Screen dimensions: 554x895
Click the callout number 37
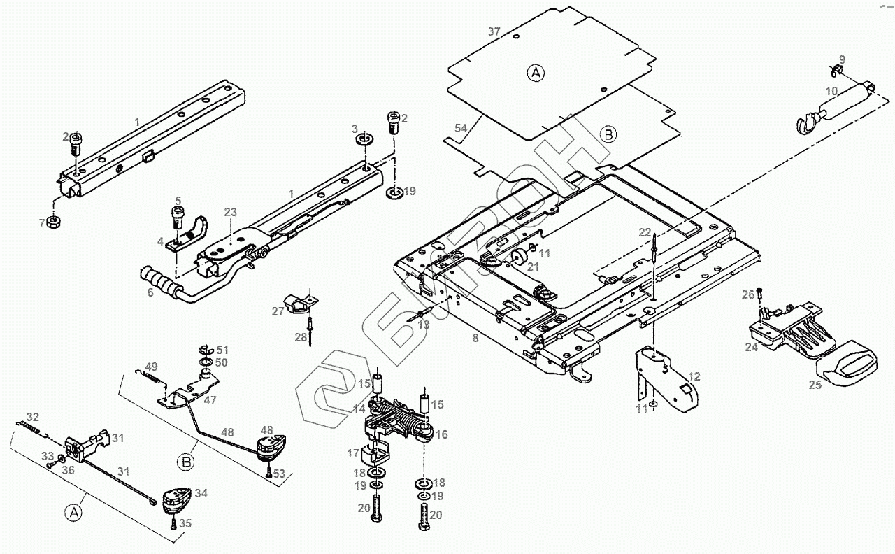pyautogui.click(x=494, y=31)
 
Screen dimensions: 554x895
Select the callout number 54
pyautogui.click(x=460, y=128)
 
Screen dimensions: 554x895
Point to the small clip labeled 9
pyautogui.click(x=836, y=71)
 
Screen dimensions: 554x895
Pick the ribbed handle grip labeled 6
pyautogui.click(x=158, y=282)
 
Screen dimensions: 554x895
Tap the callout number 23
pyautogui.click(x=231, y=212)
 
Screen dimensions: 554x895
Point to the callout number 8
pyautogui.click(x=475, y=338)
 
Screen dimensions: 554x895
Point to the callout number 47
pyautogui.click(x=210, y=400)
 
